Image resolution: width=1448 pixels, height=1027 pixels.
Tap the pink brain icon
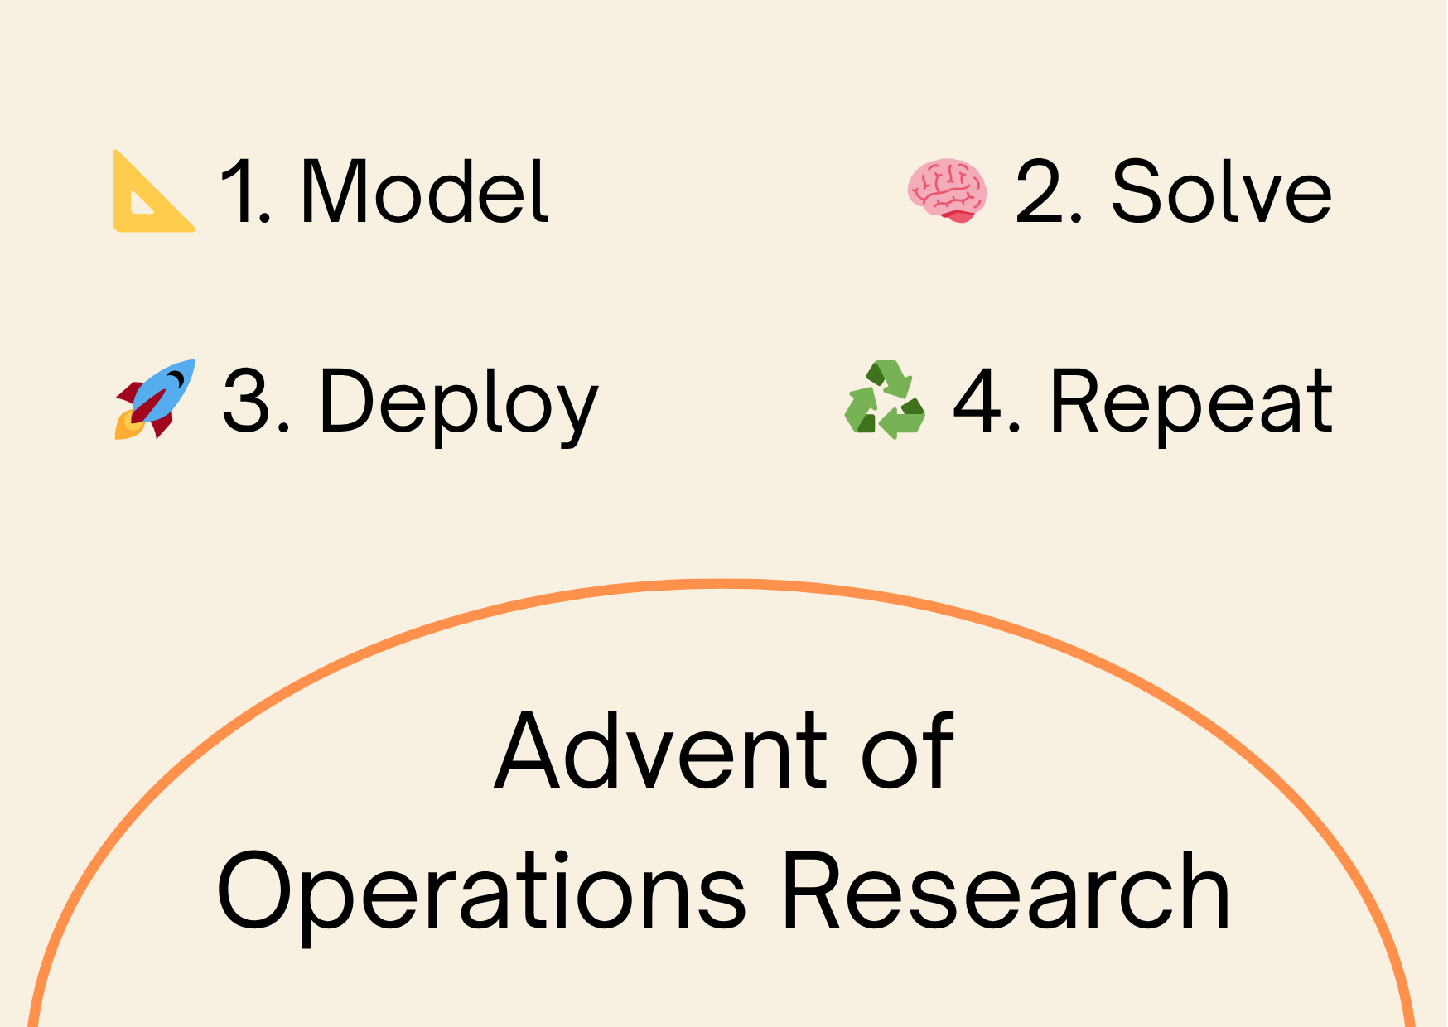coord(948,190)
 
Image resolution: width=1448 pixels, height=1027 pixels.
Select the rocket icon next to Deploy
coord(156,399)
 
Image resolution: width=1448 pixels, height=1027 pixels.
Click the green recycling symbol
coord(885,399)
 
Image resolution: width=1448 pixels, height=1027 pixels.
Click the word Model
coord(424,191)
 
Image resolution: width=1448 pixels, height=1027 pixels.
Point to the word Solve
coord(1221,191)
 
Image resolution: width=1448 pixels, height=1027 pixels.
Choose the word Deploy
coord(458,403)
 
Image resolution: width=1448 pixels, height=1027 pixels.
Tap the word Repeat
coord(1191,403)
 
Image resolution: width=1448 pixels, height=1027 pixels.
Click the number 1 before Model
coord(236,191)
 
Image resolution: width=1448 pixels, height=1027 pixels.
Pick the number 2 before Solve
coord(1038,191)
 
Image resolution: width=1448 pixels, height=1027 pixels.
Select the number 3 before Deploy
coord(247,403)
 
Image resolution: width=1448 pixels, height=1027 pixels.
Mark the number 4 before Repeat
coord(978,403)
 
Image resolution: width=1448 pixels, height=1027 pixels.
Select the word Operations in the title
coord(481,893)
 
